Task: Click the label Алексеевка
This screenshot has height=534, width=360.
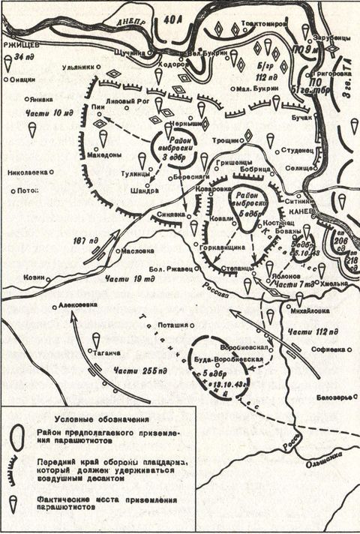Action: pos(77,306)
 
